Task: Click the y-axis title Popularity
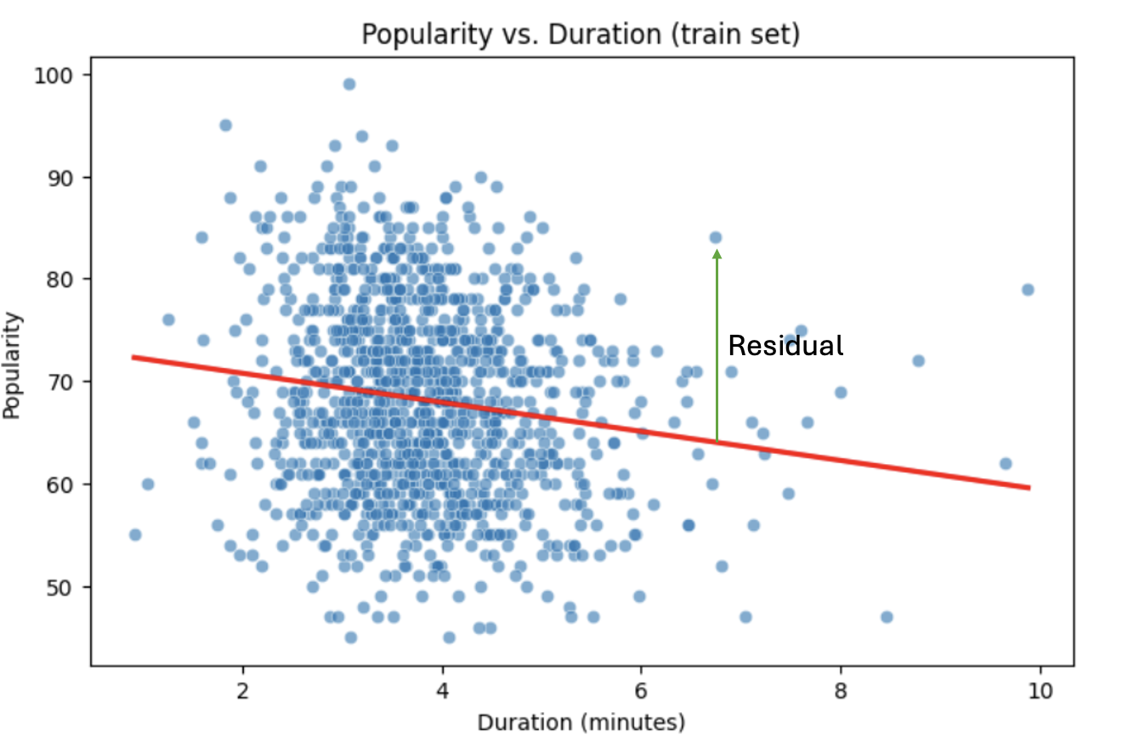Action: (x=13, y=365)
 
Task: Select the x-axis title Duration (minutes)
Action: (x=581, y=722)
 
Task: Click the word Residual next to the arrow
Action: (x=786, y=346)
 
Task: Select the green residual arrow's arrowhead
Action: (x=717, y=253)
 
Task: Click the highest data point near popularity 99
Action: (x=349, y=84)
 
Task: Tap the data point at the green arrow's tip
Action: (x=716, y=238)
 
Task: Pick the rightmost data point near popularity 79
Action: (x=1027, y=290)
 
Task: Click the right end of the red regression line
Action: (x=1029, y=488)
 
